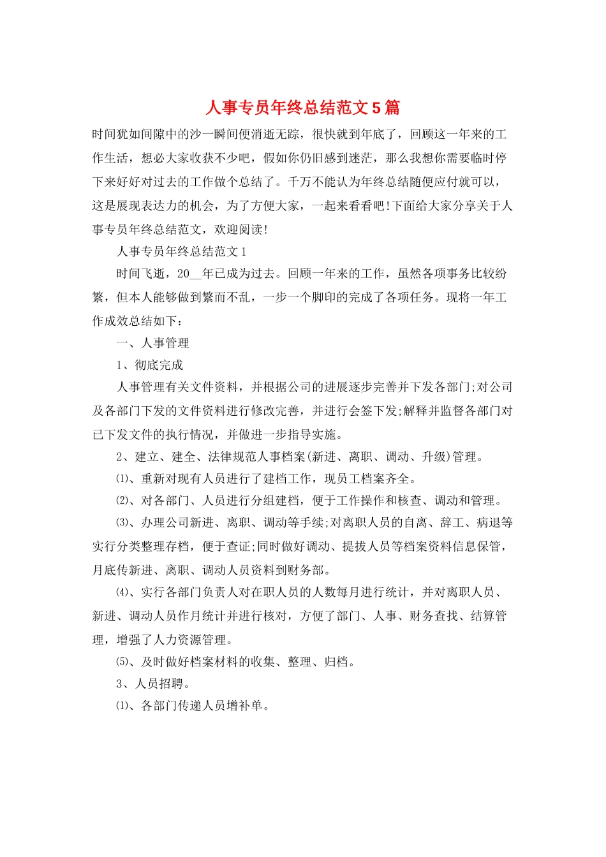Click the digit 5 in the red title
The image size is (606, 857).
click(x=376, y=107)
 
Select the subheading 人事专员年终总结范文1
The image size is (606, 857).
click(x=182, y=252)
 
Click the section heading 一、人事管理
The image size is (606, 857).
click(x=153, y=343)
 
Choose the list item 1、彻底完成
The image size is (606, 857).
click(x=150, y=365)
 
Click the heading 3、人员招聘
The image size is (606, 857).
click(x=153, y=684)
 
